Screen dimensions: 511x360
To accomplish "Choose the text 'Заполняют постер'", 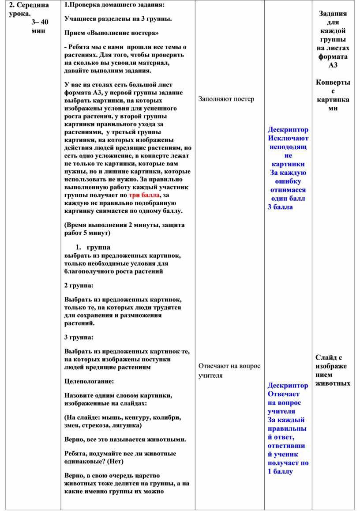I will point(226,99).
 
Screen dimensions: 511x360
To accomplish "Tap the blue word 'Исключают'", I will point(288,138).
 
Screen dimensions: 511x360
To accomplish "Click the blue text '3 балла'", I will point(280,207).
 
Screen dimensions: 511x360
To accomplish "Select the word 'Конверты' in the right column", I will point(333,83).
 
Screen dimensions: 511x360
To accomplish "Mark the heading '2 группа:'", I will point(79,286).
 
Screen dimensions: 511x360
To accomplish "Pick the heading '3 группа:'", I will point(79,337).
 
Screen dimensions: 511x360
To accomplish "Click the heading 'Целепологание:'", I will point(89,380).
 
